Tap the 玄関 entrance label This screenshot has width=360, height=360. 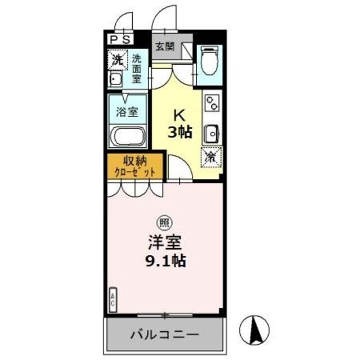point(164,47)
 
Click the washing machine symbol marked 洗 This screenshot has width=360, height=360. point(117,59)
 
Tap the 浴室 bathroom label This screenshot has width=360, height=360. point(127,111)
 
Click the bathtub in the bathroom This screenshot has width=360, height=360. point(128,137)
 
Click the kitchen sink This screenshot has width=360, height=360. point(211,133)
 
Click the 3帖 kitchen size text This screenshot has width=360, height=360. point(179,133)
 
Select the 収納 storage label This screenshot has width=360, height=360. point(133,161)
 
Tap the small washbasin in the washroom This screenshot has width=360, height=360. point(116,78)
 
